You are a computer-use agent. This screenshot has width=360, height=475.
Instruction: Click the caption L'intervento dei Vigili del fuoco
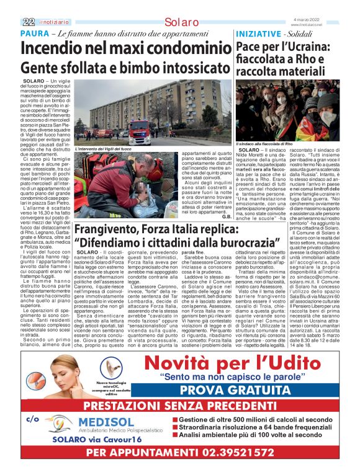coord(102,149)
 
